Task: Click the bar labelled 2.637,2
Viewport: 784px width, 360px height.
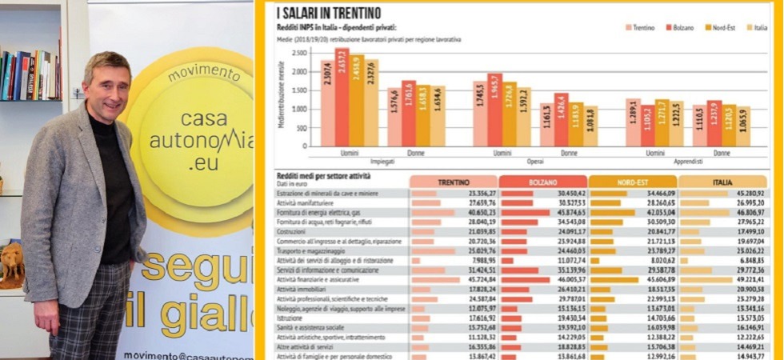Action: [342, 97]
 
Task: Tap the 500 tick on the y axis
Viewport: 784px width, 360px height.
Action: [304, 128]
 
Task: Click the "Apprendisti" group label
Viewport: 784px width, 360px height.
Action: [688, 161]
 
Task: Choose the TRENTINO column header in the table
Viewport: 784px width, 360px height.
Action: [453, 182]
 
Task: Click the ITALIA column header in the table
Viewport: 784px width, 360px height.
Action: [722, 182]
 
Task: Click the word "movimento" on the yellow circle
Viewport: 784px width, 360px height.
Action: [204, 74]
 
